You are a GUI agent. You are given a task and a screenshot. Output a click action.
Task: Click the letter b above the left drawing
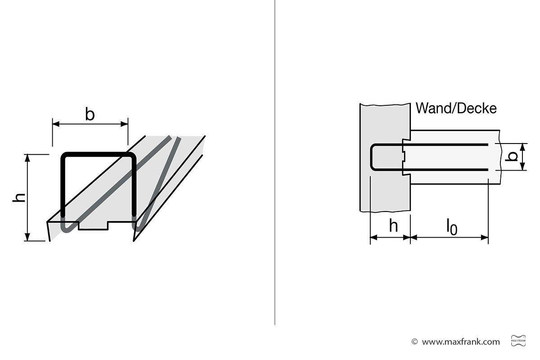point(90,114)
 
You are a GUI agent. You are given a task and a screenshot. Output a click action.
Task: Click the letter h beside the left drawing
point(19,198)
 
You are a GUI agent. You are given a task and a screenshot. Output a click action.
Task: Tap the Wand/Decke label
point(456,108)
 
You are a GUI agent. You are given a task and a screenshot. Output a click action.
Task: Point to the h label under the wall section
point(393,226)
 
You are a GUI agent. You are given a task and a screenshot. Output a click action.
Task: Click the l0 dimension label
point(452,227)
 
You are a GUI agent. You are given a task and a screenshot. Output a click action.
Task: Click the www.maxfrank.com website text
point(461,342)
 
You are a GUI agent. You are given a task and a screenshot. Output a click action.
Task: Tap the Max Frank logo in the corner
point(518,341)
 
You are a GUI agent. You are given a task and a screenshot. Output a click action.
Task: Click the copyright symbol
point(414,342)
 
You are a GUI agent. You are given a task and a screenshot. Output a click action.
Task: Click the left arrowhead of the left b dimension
point(56,124)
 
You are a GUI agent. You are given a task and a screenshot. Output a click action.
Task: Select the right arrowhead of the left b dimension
point(124,124)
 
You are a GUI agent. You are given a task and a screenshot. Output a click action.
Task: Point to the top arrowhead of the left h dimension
point(27,158)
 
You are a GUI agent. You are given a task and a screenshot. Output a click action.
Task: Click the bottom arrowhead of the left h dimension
point(27,237)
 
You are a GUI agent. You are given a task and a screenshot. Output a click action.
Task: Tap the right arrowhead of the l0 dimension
point(485,238)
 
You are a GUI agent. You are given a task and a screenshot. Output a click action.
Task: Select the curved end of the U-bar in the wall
point(373,157)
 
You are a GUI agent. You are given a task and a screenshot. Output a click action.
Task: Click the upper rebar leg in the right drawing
point(432,145)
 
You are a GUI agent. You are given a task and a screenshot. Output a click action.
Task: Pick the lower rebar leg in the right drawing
point(432,170)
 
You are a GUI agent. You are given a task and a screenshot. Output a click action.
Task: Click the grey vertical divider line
point(275,162)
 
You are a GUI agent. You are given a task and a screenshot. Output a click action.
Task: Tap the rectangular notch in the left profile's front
point(93,226)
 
